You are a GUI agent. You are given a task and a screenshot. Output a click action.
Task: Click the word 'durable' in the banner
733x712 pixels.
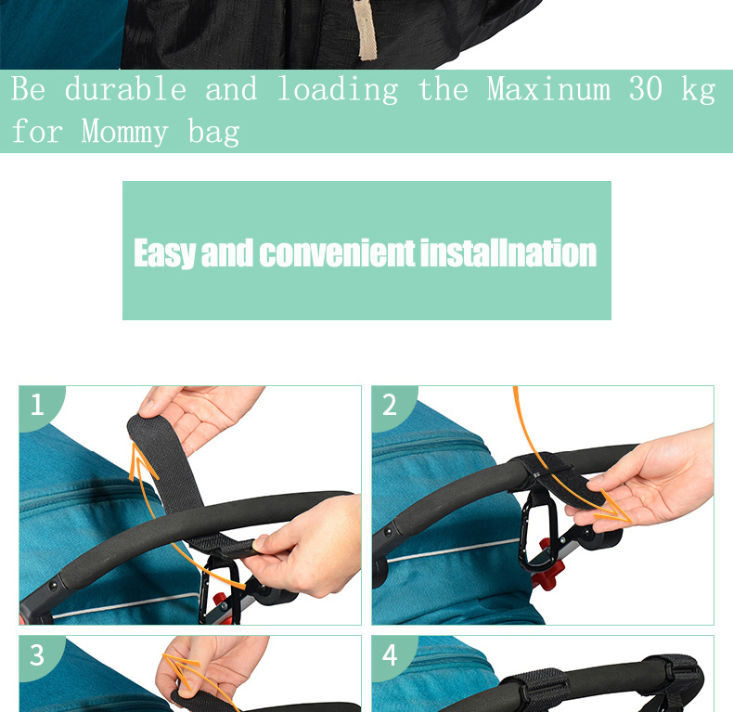coord(125,90)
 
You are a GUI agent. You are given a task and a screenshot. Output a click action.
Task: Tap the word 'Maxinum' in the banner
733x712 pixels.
coord(548,90)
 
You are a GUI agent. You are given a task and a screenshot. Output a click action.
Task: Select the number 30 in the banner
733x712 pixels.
coord(646,90)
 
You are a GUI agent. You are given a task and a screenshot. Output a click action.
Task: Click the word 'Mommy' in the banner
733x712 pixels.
coord(124,132)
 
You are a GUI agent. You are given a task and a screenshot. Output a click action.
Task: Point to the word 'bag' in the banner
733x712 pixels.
coord(213,133)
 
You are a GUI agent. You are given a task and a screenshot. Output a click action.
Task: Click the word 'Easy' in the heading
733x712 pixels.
coord(165,252)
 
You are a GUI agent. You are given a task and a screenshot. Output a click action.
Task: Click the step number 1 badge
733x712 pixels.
coord(37,405)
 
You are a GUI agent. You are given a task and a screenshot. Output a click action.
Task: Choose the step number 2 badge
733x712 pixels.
coord(390,405)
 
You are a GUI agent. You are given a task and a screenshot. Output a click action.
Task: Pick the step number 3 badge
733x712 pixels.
coord(37,654)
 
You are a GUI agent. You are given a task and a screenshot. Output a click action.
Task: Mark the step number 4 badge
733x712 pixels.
coord(390,654)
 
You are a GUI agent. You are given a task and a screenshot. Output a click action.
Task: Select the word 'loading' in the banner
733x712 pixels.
coord(338,90)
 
